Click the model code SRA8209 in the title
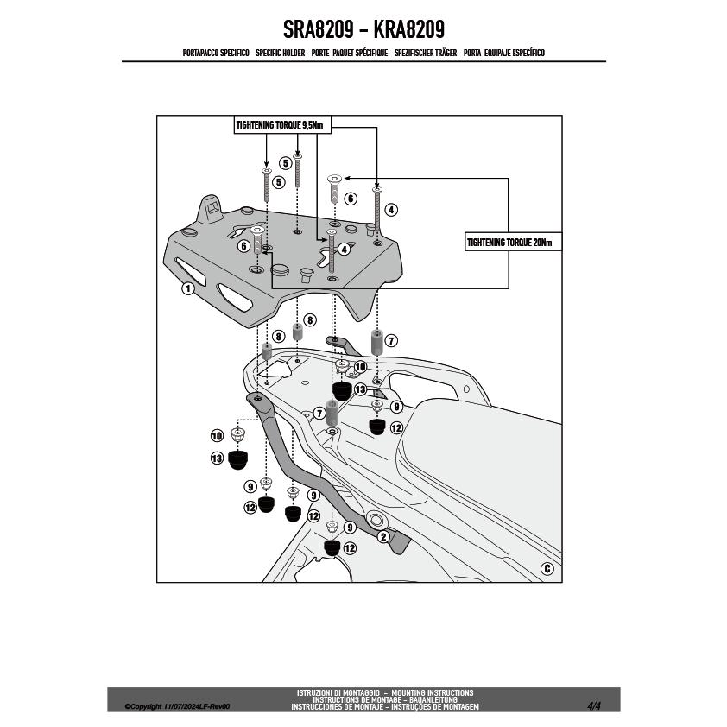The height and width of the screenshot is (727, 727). coord(318,29)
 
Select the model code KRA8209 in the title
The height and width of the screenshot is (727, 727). coord(409,29)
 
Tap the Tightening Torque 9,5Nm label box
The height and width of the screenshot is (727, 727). coord(282,125)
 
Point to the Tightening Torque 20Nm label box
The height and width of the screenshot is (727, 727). coord(513,242)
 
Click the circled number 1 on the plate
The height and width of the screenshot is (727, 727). coord(187,288)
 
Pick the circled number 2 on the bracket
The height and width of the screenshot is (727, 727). coord(383,537)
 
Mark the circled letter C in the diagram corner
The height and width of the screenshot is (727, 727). coord(547,568)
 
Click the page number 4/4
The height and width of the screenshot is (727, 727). coord(593,706)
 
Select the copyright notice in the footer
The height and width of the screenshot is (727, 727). coord(177,706)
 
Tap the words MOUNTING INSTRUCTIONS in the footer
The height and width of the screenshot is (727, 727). coord(432,692)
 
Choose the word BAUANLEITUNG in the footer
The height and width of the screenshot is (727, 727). coord(433,699)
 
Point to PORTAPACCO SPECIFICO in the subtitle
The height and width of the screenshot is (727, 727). coord(216,53)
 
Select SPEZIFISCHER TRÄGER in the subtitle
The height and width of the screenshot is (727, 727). coord(426,53)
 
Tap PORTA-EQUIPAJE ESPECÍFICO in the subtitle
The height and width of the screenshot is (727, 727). coord(504,53)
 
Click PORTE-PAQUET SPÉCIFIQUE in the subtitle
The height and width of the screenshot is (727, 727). coord(350,53)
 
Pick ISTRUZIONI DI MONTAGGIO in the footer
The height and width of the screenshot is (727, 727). coord(338,692)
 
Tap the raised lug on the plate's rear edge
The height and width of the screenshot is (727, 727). coord(212,209)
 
